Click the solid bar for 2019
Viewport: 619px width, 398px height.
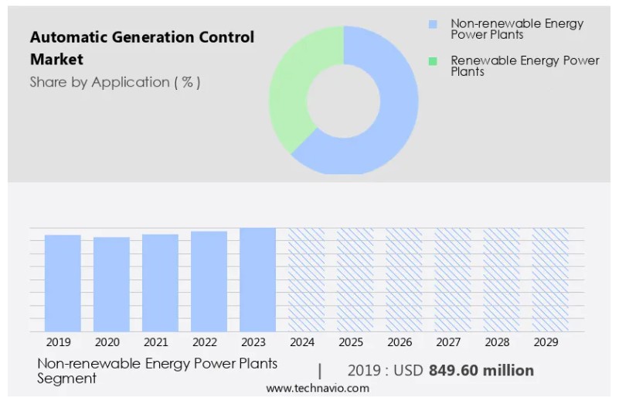pos(63,283)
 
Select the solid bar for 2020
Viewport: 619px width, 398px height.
pos(111,284)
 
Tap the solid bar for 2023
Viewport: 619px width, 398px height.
pos(257,280)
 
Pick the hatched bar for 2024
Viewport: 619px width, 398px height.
pos(307,280)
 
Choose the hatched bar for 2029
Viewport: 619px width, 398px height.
pos(550,280)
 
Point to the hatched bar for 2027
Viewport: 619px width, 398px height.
pos(453,280)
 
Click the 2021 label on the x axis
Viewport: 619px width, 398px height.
pos(155,342)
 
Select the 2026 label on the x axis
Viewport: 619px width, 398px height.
pos(399,342)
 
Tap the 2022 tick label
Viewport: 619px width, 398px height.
pos(204,342)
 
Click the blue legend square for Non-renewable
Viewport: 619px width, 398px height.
pos(433,24)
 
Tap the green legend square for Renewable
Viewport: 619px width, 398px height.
pos(433,60)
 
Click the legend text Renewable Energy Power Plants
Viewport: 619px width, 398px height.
pos(525,66)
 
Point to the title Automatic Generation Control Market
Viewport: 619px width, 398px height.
pos(141,48)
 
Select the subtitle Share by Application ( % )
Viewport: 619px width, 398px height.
pos(115,82)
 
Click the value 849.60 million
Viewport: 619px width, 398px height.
pos(481,371)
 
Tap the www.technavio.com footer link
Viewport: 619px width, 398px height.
pos(318,388)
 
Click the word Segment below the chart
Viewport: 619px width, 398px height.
pos(67,379)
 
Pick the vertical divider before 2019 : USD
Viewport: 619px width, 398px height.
pos(320,371)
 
